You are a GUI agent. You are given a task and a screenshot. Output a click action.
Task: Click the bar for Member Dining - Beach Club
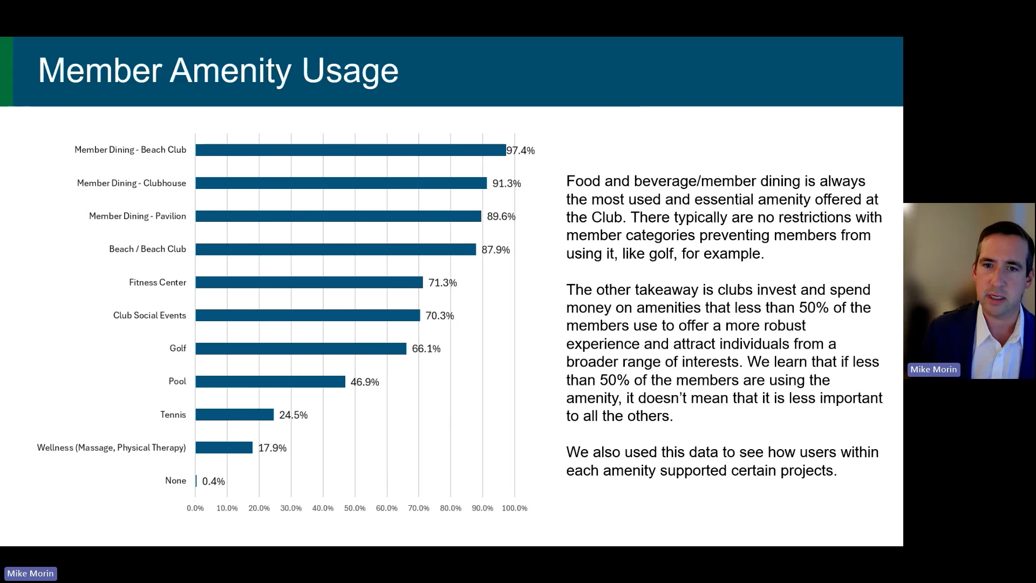pyautogui.click(x=351, y=150)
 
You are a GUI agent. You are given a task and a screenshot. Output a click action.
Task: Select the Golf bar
pyautogui.click(x=301, y=349)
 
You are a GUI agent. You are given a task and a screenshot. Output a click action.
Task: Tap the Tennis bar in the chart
pyautogui.click(x=235, y=415)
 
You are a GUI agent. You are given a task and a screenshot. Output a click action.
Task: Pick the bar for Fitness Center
pyautogui.click(x=309, y=282)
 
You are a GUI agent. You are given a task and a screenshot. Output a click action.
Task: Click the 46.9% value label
pyautogui.click(x=365, y=382)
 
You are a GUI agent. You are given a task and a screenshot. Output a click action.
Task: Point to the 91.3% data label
pyautogui.click(x=507, y=184)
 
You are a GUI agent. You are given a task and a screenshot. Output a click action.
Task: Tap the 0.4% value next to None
pyautogui.click(x=214, y=482)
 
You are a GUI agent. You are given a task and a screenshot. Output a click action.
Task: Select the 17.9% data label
pyautogui.click(x=272, y=448)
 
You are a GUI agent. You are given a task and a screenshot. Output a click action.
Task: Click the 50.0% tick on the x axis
pyautogui.click(x=355, y=509)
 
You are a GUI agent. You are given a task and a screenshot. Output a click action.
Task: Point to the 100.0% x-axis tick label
pyautogui.click(x=515, y=509)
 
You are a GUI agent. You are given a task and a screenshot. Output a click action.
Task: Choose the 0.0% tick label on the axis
pyautogui.click(x=195, y=509)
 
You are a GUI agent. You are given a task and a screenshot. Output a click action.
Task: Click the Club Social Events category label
pyautogui.click(x=149, y=315)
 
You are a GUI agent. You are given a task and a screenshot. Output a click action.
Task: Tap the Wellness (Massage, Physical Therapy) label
pyautogui.click(x=112, y=448)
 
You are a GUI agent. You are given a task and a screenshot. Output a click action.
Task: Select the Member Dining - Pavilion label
pyautogui.click(x=138, y=216)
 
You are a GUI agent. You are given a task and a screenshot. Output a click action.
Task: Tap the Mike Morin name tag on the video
pyautogui.click(x=933, y=370)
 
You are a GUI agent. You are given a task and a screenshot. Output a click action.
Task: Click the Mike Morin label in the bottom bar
pyautogui.click(x=30, y=573)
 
